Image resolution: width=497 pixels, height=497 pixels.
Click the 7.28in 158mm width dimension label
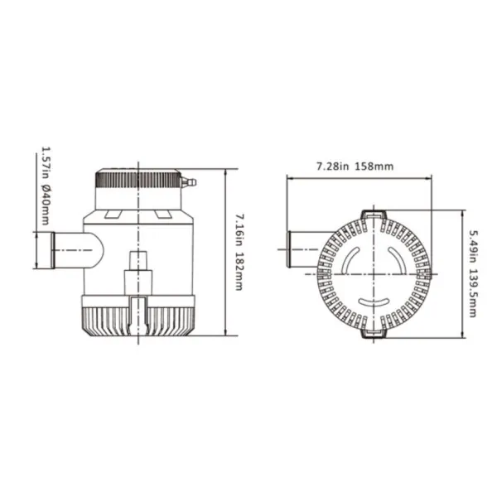(355, 166)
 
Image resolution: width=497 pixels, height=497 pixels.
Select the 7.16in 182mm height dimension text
(239, 252)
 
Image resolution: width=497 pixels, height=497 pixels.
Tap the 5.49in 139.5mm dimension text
(473, 273)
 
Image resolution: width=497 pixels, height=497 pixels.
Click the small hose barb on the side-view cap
(189, 182)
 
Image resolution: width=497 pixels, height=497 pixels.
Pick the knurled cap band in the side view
(138, 179)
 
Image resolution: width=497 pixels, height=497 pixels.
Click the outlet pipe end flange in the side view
(53, 250)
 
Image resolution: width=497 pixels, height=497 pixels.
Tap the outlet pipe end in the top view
(289, 249)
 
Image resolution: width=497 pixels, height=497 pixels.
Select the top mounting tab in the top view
(374, 215)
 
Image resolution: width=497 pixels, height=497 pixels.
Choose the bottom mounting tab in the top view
(374, 334)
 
